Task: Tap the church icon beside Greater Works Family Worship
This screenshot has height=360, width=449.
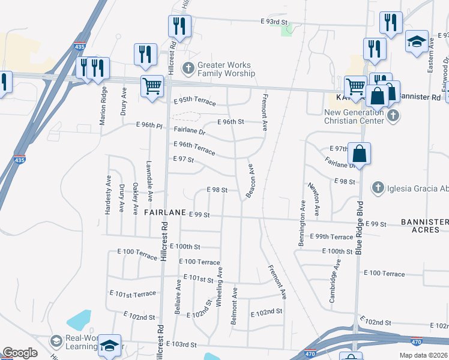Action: tap(188, 67)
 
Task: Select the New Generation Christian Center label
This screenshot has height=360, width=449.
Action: tap(354, 116)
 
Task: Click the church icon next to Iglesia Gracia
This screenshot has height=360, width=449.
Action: tap(378, 188)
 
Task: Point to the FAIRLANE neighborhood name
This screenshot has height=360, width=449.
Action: tap(164, 213)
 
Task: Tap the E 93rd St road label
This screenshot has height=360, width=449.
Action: tap(275, 22)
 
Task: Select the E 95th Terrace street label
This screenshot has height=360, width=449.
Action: tap(194, 101)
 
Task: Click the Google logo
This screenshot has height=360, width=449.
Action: tap(20, 353)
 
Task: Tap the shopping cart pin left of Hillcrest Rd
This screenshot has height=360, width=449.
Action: tap(152, 86)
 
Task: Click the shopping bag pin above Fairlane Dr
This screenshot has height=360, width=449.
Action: tap(359, 153)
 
